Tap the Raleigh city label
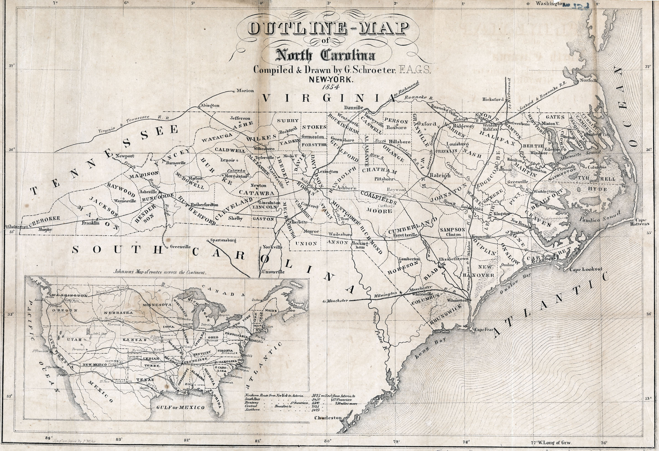coord(440,175)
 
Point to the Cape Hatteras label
coord(639,222)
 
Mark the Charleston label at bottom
coord(328,418)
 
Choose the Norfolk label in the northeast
coord(589,80)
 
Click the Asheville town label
coord(148,191)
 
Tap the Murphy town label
coord(45,230)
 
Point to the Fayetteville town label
coord(405,235)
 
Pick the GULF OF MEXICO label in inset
coord(180,408)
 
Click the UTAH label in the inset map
coord(74,339)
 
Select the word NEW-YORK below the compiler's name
coord(331,80)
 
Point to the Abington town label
coord(210,106)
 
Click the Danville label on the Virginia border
coord(353,108)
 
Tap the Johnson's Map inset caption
coord(160,272)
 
